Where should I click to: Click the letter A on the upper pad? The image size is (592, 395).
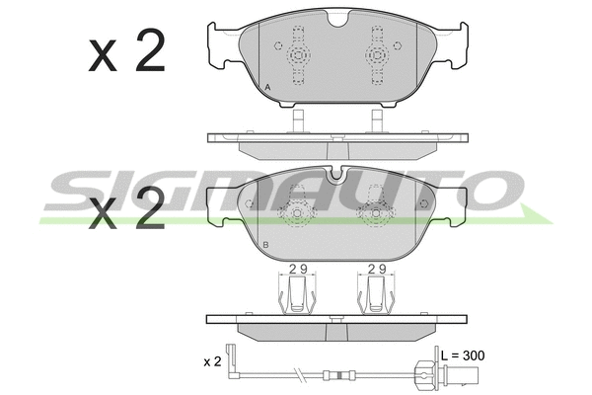[x=267, y=87]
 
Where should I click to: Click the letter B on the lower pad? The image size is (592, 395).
[x=265, y=245]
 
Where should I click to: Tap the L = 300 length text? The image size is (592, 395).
[x=463, y=355]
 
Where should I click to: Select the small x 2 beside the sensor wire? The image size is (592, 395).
[x=212, y=361]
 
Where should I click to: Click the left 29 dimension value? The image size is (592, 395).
[x=298, y=269]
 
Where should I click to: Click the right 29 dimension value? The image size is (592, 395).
[x=377, y=269]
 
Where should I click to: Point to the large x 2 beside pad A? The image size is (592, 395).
[x=127, y=50]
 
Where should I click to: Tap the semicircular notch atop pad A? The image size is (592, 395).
[x=338, y=19]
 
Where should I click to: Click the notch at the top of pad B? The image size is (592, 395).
[x=336, y=174]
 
